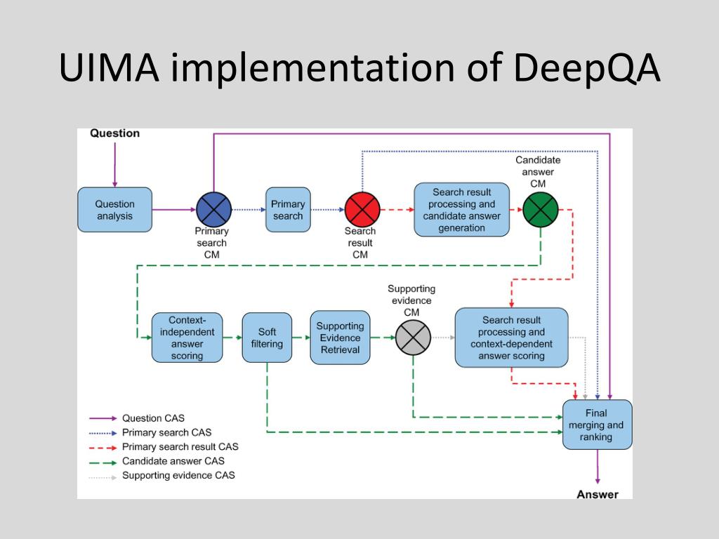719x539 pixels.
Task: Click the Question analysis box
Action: tap(114, 209)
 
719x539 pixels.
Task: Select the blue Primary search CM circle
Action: tap(213, 209)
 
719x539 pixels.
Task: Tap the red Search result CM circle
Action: tap(362, 209)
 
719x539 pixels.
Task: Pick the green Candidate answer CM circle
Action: tap(541, 209)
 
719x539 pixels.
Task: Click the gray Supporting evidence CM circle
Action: tap(413, 338)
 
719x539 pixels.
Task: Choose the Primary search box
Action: tap(288, 209)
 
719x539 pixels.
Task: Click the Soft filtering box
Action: tap(267, 338)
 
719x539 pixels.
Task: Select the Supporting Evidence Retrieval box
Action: tap(341, 338)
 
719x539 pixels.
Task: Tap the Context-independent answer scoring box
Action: tap(187, 338)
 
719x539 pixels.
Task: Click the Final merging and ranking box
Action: tap(597, 425)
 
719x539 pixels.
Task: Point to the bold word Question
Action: tap(114, 133)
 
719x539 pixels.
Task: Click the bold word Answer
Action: tap(598, 495)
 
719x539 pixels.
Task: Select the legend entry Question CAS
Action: tap(153, 418)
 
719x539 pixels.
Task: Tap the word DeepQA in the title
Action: tap(587, 68)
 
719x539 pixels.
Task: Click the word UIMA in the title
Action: tap(109, 67)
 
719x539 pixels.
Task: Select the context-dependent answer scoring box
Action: tap(511, 338)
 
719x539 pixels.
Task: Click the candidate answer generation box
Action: tap(462, 209)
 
